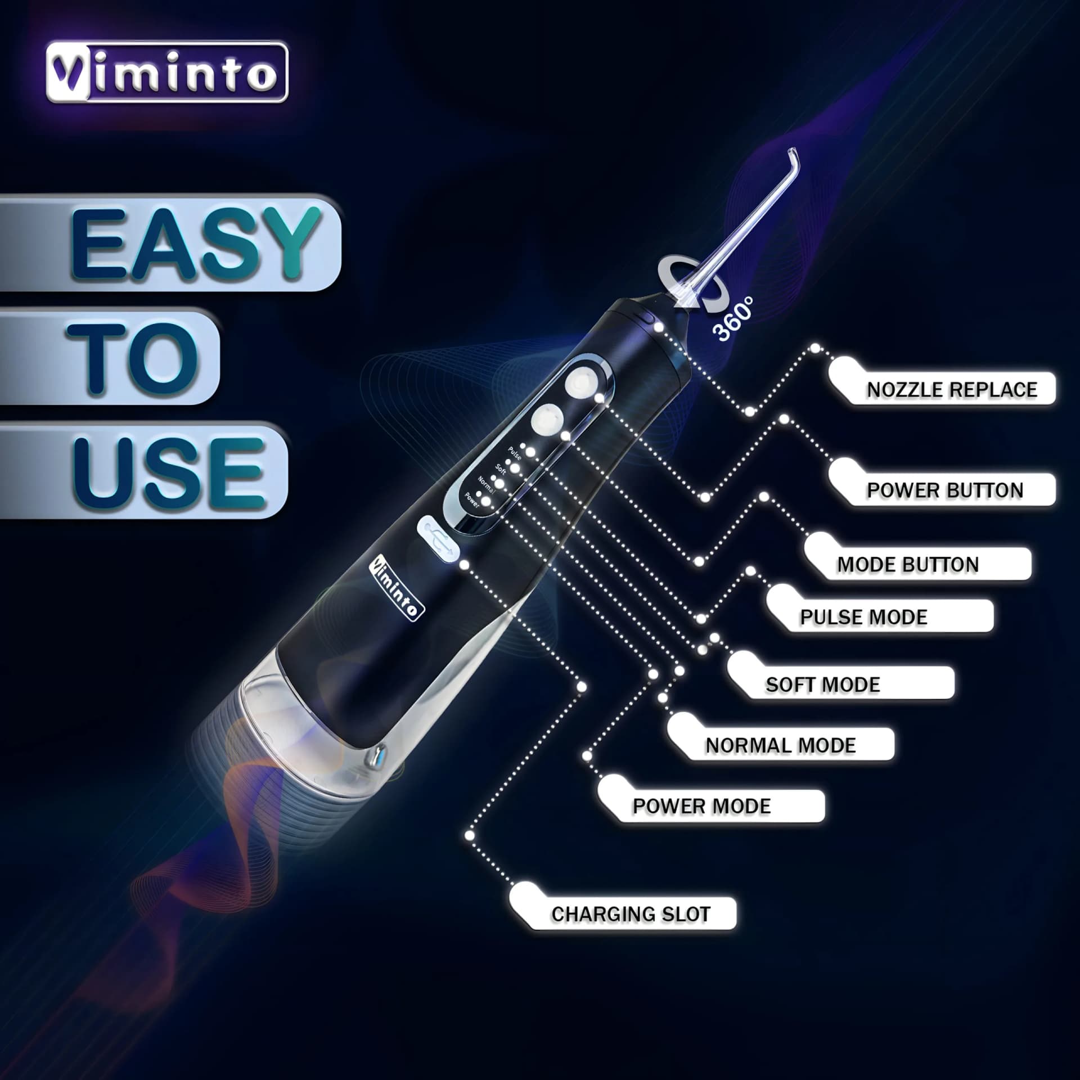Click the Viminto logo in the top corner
click(167, 73)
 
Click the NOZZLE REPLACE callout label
click(951, 389)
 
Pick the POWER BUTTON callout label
click(945, 490)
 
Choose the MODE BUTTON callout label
click(908, 564)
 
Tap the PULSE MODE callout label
click(863, 617)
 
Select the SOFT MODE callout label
click(823, 685)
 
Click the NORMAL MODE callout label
click(781, 745)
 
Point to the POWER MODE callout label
click(701, 806)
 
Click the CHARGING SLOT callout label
click(631, 914)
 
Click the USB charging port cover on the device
click(438, 539)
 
